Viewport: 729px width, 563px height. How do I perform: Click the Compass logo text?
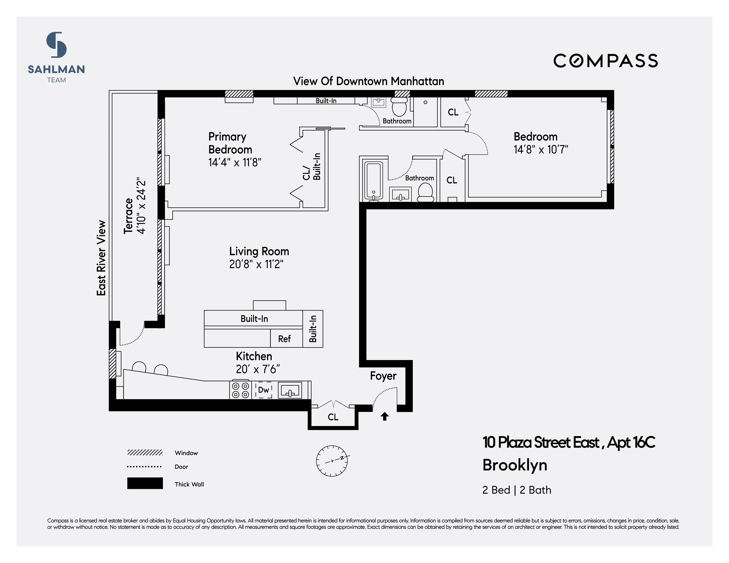point(605,61)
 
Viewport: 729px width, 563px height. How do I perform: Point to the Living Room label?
point(259,251)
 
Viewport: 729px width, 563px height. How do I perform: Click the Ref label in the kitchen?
point(284,339)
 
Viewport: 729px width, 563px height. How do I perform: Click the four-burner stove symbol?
point(240,390)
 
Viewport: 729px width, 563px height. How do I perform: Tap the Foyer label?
point(383,376)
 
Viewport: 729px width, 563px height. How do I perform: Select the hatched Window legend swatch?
point(145,453)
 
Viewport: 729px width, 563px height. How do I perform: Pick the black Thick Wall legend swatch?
point(145,483)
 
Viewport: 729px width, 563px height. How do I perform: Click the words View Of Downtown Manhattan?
point(369,81)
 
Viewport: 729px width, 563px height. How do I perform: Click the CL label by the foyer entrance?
point(333,417)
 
